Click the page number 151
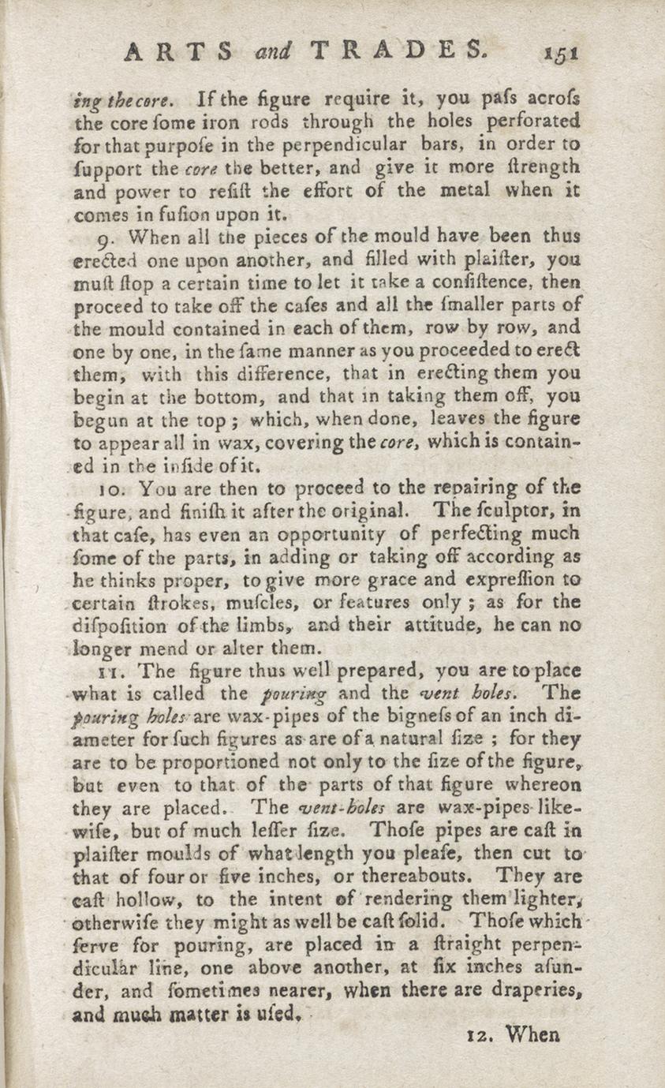(561, 53)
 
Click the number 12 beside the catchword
(475, 1034)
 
